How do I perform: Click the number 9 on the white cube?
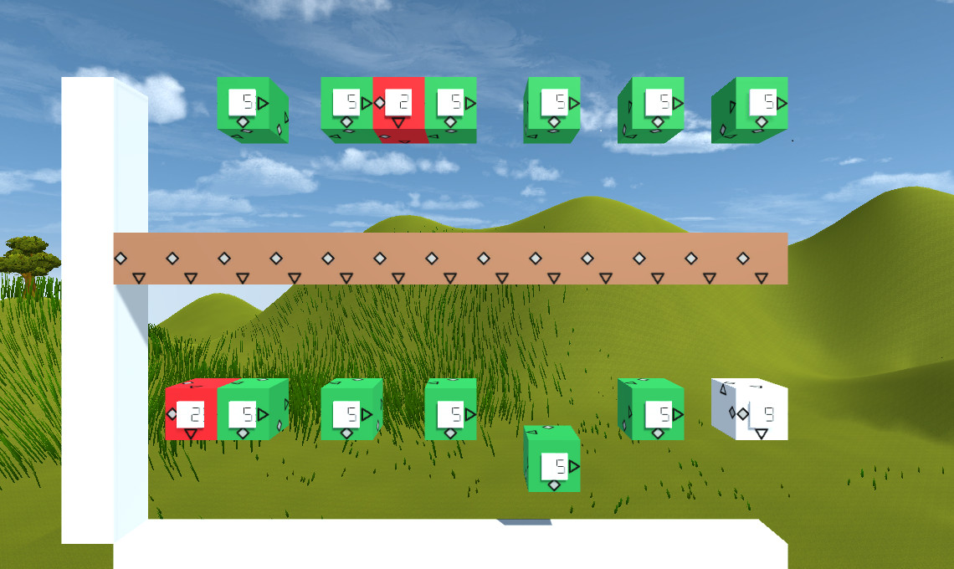(x=768, y=413)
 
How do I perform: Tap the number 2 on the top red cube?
(x=403, y=102)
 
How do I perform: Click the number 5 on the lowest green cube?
(x=560, y=464)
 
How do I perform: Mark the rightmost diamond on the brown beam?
(x=743, y=258)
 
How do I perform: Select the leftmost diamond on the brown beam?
(x=121, y=258)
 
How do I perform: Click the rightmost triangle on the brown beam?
(x=762, y=277)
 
